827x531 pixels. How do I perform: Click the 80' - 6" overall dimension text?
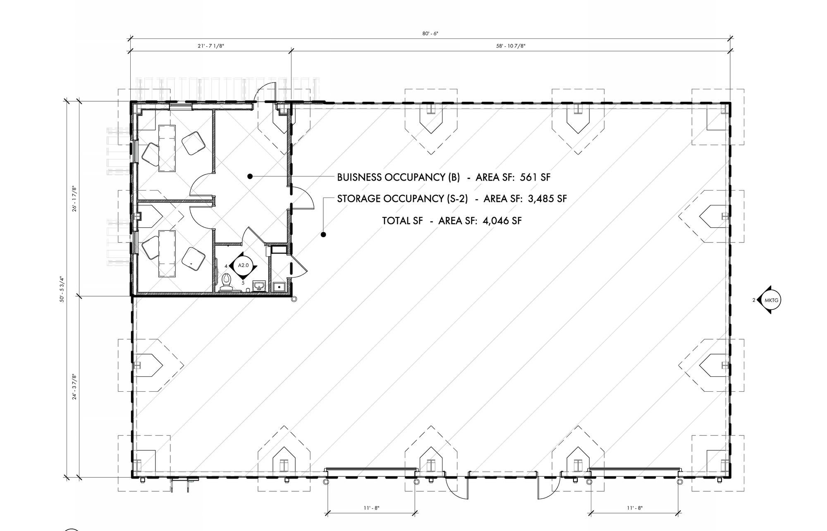pos(430,33)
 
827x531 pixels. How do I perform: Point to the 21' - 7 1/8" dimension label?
pos(211,46)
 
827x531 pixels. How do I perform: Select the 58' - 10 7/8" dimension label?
pos(511,46)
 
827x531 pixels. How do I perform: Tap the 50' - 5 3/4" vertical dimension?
pos(62,289)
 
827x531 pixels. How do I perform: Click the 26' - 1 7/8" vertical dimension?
pos(75,199)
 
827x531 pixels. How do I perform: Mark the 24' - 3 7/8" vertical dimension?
pos(75,387)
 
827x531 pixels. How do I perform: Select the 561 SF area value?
pos(535,177)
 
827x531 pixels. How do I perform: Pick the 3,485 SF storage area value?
pos(547,199)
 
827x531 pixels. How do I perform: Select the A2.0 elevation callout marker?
pos(244,265)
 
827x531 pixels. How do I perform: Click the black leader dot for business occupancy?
pos(250,176)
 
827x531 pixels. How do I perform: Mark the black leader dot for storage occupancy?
pos(323,235)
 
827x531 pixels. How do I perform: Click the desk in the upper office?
pos(167,148)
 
